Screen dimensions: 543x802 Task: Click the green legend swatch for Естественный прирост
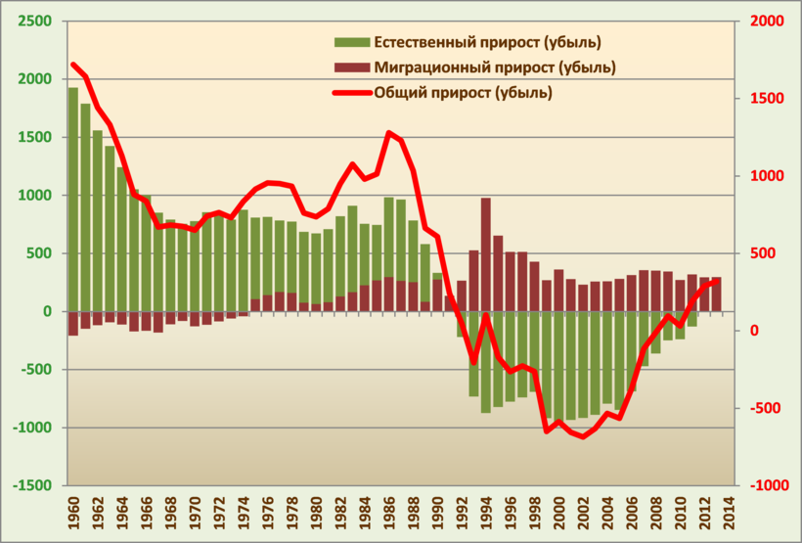click(x=352, y=42)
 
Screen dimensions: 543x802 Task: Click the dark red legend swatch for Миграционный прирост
click(x=352, y=68)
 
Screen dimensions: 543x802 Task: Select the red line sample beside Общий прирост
click(x=352, y=93)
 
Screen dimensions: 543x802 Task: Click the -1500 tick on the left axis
click(x=32, y=486)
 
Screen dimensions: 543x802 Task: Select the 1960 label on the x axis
click(x=73, y=514)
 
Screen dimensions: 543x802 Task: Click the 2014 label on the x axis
click(x=729, y=514)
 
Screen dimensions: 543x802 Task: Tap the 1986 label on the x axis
click(x=389, y=514)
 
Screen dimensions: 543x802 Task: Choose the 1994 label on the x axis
click(x=486, y=514)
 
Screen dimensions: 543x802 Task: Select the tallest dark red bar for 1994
click(x=486, y=254)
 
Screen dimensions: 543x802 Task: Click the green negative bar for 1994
click(x=486, y=362)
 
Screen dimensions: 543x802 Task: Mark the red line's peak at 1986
click(x=389, y=132)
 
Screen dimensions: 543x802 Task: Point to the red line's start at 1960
click(x=73, y=65)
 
